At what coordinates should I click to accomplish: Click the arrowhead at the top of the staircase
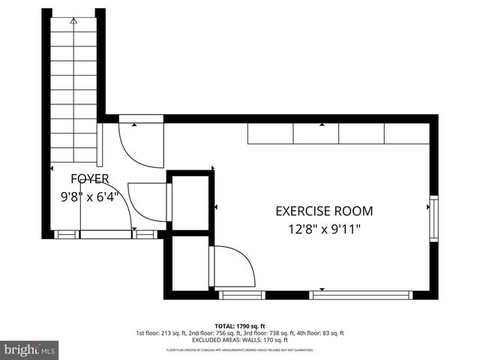[x=73, y=22]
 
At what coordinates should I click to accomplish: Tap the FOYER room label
[x=90, y=178]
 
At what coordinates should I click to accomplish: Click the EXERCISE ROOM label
[x=324, y=211]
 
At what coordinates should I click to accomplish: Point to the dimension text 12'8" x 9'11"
[x=324, y=229]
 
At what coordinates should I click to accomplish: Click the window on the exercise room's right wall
[x=433, y=217]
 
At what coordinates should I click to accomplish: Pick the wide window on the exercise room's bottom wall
[x=361, y=295]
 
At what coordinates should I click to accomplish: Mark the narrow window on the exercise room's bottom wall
[x=241, y=295]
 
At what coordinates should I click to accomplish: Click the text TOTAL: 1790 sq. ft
[x=240, y=326]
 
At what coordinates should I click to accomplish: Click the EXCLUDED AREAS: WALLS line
[x=240, y=340]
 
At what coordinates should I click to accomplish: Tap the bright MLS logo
[x=30, y=349]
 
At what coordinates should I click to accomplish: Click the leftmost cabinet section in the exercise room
[x=270, y=133]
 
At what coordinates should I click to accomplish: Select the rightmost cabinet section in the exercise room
[x=406, y=133]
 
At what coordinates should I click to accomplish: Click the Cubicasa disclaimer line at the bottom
[x=240, y=349]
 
